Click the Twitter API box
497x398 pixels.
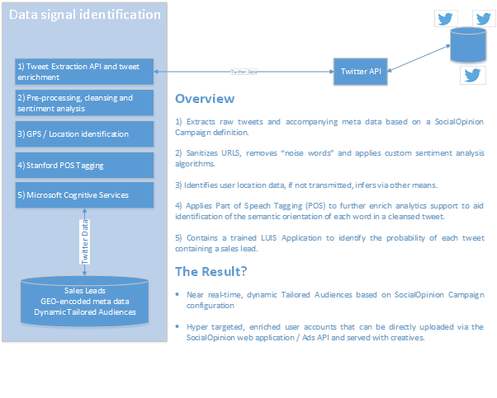[x=361, y=72]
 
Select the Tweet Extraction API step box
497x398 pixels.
[x=84, y=71]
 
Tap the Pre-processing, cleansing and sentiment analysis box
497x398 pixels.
[x=84, y=103]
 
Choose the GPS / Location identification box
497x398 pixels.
[x=84, y=133]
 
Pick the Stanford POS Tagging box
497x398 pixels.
[x=84, y=164]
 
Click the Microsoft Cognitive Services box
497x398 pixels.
[x=84, y=195]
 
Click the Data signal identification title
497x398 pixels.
[x=85, y=14]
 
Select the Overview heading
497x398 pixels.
[x=204, y=99]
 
